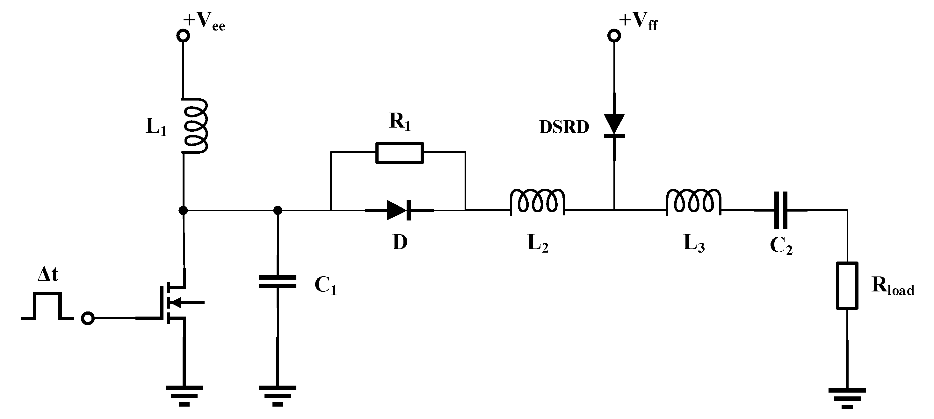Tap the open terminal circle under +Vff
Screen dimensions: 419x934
[x=614, y=36]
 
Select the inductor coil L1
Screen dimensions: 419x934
[x=195, y=126]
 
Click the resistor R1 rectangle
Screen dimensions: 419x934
[x=399, y=153]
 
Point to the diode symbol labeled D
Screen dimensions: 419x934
[x=399, y=210]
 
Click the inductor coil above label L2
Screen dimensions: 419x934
[x=537, y=202]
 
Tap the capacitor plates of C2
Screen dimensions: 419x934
[x=781, y=210]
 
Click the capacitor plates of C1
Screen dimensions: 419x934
[x=277, y=282]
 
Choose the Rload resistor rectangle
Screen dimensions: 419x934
[x=847, y=286]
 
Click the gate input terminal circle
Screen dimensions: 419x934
[x=88, y=318]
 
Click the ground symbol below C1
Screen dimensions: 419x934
[x=277, y=395]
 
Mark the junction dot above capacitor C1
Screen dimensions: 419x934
[x=277, y=210]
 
